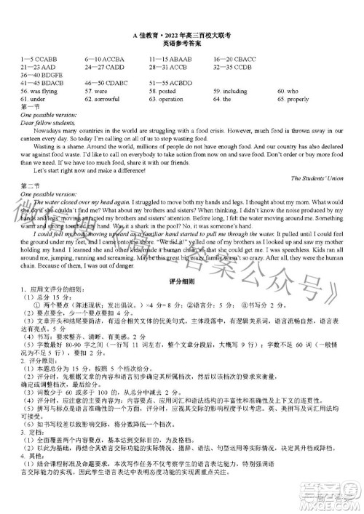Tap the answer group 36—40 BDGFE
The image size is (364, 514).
pyautogui.click(x=43, y=75)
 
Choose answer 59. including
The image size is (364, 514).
pyautogui.click(x=231, y=92)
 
